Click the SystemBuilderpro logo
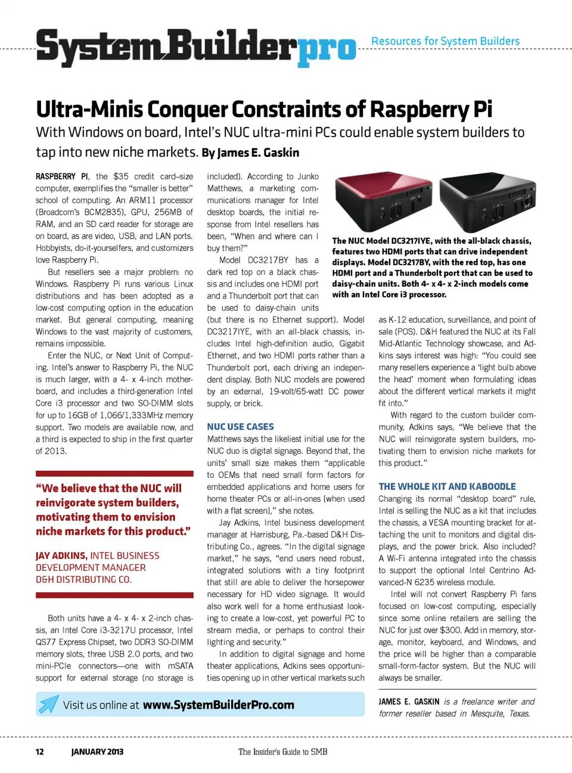pos(195,46)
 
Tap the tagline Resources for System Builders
pos(445,41)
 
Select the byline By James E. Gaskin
pos(250,153)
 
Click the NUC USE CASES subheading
pos(240,427)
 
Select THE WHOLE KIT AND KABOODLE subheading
pos(447,486)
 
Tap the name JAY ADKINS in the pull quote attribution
pos(61,555)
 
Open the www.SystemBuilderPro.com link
pos(218,704)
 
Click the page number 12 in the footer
pos(39,752)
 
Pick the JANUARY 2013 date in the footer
pos(97,752)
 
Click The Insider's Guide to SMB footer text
pos(282,752)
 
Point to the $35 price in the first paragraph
pos(120,176)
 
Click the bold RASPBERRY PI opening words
pos(61,176)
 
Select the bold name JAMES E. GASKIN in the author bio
pos(409,701)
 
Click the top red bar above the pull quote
pos(114,473)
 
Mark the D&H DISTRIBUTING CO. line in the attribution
pos(83,579)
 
